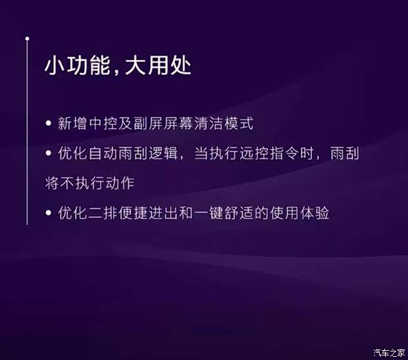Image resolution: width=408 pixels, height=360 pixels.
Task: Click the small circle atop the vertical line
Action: (x=27, y=39)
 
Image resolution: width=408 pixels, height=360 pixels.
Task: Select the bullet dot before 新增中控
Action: (x=49, y=124)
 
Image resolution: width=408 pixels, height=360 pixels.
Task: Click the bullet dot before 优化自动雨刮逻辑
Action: (x=49, y=153)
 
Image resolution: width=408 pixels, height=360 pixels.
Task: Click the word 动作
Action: (x=122, y=182)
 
